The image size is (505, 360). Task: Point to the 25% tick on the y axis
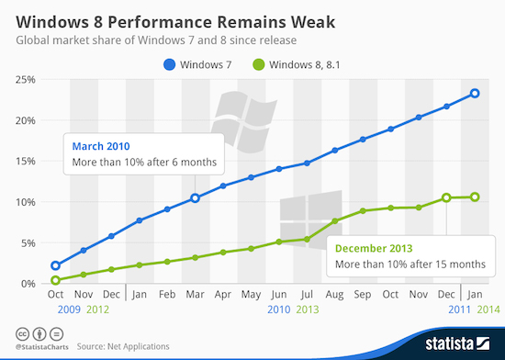pos(25,80)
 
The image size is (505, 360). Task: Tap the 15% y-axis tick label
pos(25,162)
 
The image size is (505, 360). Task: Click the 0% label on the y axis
pos(28,284)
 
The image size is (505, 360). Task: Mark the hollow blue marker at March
pos(195,198)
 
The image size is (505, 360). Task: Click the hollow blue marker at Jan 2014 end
pos(475,93)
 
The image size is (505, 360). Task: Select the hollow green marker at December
pos(446,197)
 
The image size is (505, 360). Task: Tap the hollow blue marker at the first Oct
pos(56,265)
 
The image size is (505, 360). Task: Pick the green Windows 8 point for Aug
pos(335,221)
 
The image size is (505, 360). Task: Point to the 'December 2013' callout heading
pos(376,248)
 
